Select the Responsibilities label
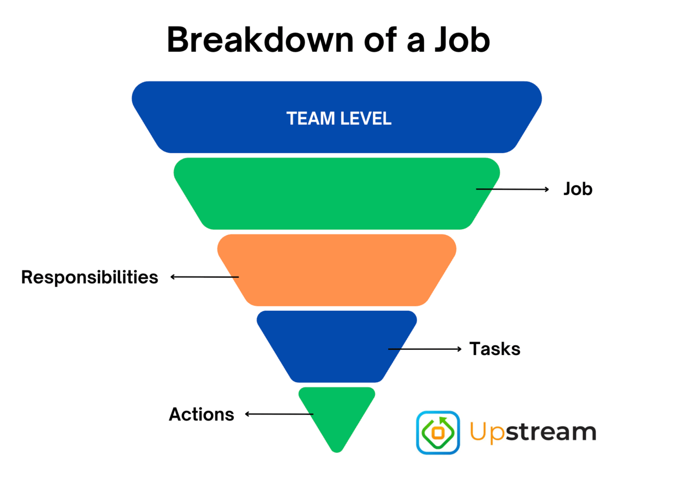tap(89, 278)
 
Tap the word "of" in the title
tap(378, 40)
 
